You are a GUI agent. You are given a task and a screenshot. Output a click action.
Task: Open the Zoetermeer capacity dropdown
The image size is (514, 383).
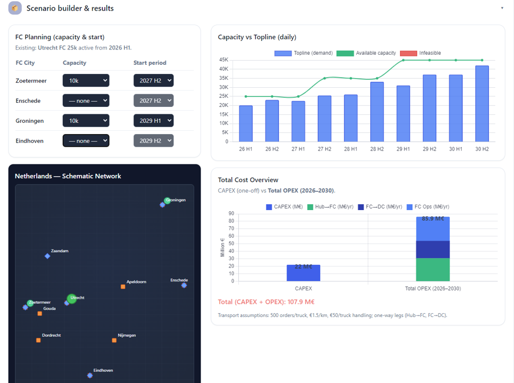point(86,81)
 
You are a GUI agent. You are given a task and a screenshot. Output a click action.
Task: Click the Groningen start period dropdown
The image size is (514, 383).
point(153,121)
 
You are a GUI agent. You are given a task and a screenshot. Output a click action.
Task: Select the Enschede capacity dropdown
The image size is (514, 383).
point(86,101)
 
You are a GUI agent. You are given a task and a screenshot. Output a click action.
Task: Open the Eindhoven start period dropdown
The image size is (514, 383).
point(153,140)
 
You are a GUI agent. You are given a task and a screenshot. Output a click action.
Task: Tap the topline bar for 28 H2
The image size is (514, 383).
point(377,112)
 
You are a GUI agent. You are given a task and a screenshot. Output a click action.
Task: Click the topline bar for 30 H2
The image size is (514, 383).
point(482,104)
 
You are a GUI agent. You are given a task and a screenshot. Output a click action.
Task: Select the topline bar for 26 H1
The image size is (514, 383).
point(246,123)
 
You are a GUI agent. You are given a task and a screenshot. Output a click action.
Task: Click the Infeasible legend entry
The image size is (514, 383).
point(420,53)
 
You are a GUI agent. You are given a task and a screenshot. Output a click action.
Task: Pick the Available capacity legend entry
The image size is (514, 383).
point(366,53)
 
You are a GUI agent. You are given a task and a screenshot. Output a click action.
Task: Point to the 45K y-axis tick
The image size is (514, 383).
point(223,60)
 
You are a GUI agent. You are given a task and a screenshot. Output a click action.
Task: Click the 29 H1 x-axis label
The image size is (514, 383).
point(403,149)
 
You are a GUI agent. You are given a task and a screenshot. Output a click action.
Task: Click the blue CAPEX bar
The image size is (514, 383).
point(303,273)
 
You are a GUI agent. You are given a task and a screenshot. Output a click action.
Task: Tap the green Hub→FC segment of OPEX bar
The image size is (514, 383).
point(433,270)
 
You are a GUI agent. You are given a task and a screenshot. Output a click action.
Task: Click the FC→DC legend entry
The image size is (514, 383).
point(380,207)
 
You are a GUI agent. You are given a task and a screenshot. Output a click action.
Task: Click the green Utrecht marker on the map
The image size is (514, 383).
point(72,298)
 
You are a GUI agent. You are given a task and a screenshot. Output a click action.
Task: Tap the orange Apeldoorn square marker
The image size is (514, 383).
point(123,287)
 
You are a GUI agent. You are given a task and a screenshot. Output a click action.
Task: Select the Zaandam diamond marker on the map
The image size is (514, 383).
point(47,256)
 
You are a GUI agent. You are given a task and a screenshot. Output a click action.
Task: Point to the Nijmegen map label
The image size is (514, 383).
point(127,335)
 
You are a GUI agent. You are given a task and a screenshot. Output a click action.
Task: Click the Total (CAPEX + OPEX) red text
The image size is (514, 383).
point(266,302)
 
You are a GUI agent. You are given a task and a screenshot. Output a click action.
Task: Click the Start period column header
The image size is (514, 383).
point(150,63)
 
